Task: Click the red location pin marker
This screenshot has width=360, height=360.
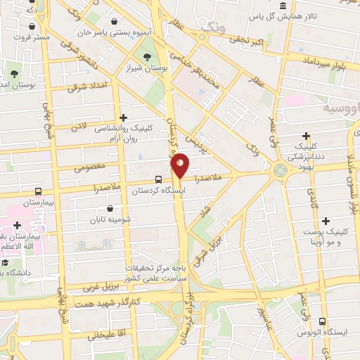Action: coord(181,165)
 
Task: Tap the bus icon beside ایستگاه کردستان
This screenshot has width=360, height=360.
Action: coord(157,179)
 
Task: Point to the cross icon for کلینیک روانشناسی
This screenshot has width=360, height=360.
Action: coord(124,117)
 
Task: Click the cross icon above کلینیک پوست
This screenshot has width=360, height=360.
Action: coord(306,220)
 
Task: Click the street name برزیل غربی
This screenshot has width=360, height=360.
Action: coord(84,286)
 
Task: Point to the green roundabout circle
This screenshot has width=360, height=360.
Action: coord(281,169)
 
